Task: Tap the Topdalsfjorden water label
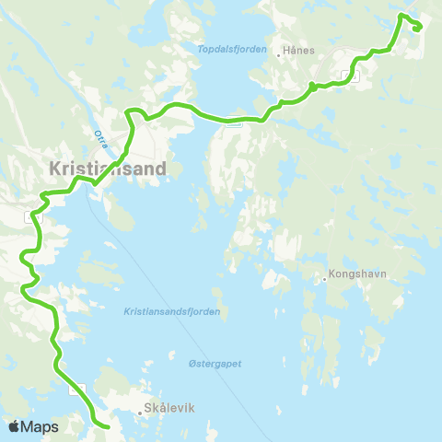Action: pyautogui.click(x=232, y=49)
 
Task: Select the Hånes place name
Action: pyautogui.click(x=300, y=52)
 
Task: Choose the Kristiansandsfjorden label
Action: pyautogui.click(x=185, y=312)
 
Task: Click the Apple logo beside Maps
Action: pyautogui.click(x=13, y=426)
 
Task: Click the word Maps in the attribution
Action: pyautogui.click(x=40, y=426)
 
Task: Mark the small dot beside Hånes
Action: pyautogui.click(x=279, y=54)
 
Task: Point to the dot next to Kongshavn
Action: pyautogui.click(x=326, y=273)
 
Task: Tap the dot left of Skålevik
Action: pyautogui.click(x=139, y=413)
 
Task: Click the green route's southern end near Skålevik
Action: pyautogui.click(x=108, y=427)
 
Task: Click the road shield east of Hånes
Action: pyautogui.click(x=346, y=76)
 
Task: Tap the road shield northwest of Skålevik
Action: pyautogui.click(x=83, y=389)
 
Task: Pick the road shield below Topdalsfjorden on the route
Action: pyautogui.click(x=236, y=122)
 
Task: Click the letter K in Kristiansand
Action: pyautogui.click(x=54, y=169)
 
